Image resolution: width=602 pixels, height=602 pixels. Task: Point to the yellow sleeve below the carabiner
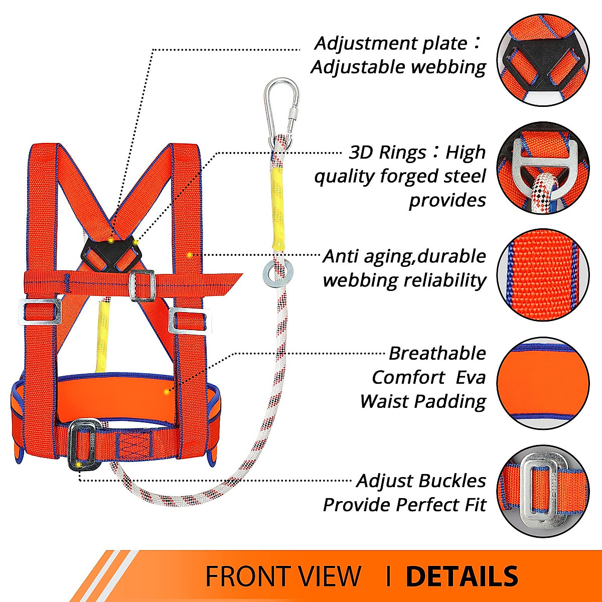click(x=277, y=207)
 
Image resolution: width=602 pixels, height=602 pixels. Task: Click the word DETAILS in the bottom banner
click(x=462, y=576)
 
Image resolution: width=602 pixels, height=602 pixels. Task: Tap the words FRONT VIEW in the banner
click(x=283, y=576)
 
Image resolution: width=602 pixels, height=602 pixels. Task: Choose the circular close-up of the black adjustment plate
click(x=543, y=60)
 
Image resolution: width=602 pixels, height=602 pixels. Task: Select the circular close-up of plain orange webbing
click(x=543, y=275)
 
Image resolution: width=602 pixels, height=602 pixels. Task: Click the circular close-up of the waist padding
click(x=543, y=383)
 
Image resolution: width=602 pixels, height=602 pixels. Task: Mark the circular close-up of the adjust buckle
click(x=543, y=492)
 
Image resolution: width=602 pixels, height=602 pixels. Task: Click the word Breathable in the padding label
click(x=437, y=354)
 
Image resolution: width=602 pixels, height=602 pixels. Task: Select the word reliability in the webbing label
click(x=445, y=280)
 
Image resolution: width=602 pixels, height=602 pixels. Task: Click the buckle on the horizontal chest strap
click(x=141, y=285)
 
